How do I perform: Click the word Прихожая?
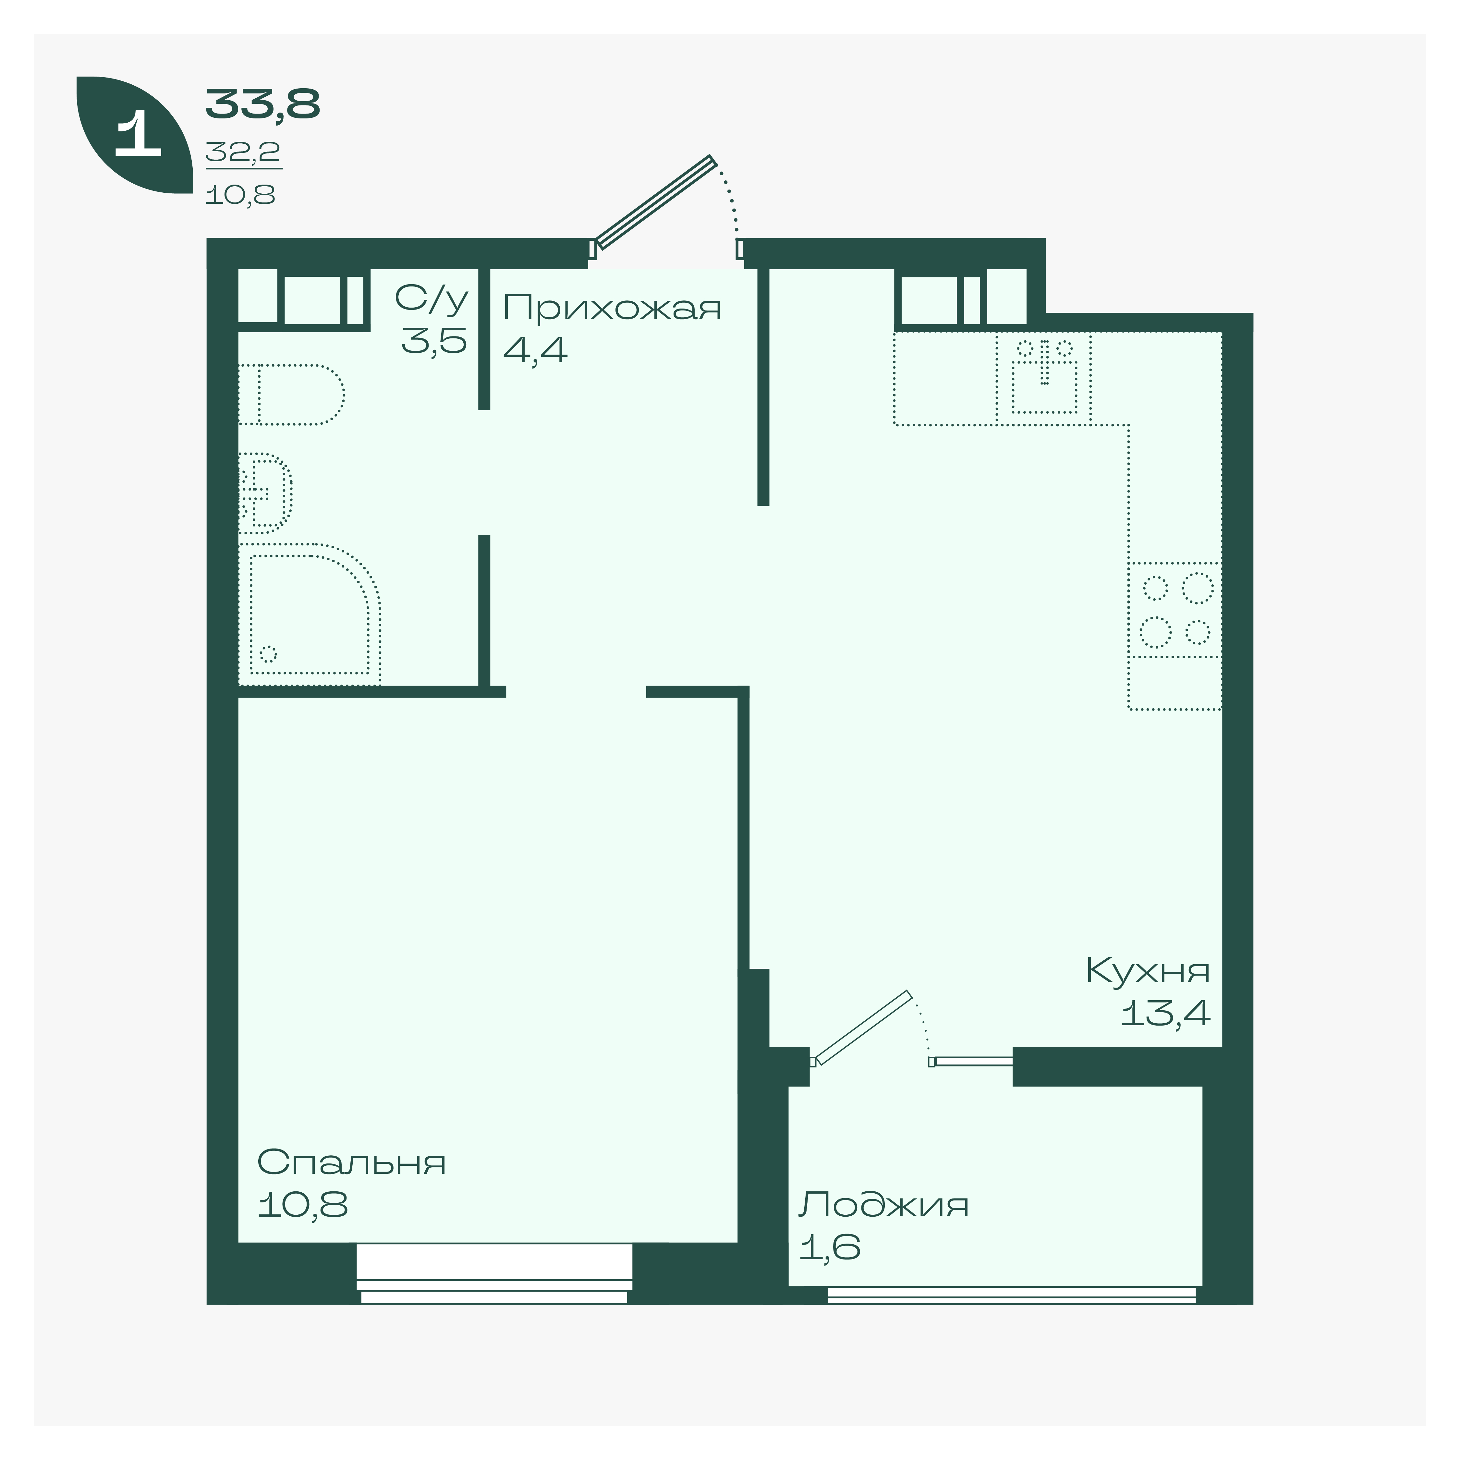pyautogui.click(x=612, y=308)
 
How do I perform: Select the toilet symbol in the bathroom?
pyautogui.click(x=291, y=395)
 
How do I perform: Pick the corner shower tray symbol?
pyautogui.click(x=310, y=614)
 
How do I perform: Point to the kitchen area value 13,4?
pyautogui.click(x=1165, y=1013)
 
